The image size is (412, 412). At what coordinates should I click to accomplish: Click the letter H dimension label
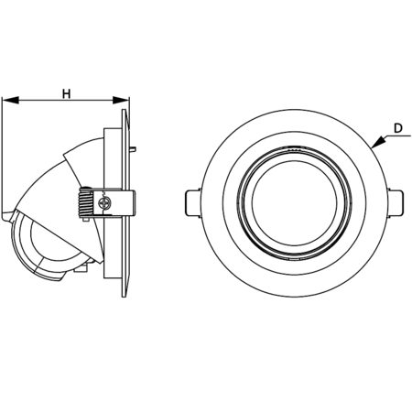67,93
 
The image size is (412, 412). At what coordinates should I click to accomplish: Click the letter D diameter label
398,128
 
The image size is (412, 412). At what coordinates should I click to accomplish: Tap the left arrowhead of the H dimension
11,100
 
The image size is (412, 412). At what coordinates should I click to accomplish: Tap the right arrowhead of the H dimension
121,100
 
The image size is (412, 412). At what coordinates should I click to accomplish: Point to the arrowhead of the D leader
378,142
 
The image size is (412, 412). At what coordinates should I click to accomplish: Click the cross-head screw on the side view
104,203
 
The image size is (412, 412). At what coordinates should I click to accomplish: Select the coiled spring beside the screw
86,202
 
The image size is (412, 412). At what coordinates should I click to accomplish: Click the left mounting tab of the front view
193,203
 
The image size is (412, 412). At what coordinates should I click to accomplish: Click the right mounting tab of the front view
396,203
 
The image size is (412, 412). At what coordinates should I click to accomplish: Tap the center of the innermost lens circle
295,203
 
